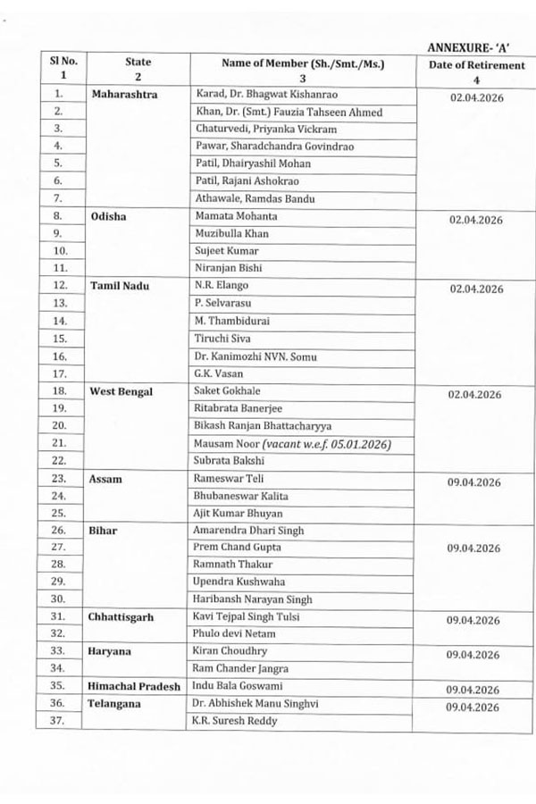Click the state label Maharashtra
coord(124,93)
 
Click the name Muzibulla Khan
coord(231,233)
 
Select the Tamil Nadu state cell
coord(120,285)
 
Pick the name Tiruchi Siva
coord(222,339)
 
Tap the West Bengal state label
coord(121,391)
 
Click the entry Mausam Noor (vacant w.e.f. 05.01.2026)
coord(292,443)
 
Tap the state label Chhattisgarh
coord(125,617)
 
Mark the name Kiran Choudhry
coord(230,651)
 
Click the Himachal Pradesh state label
coord(134,686)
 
